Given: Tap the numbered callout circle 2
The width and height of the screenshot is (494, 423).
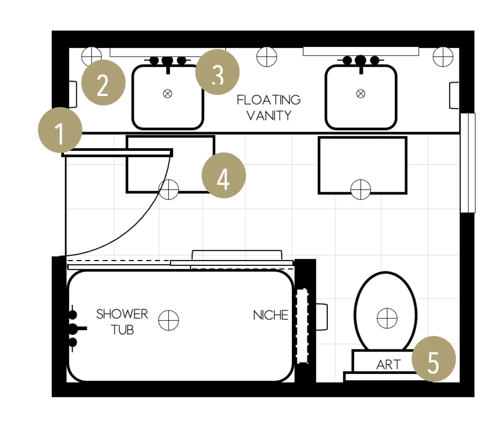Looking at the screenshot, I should click(103, 84).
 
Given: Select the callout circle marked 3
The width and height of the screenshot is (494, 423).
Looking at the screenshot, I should click(217, 72).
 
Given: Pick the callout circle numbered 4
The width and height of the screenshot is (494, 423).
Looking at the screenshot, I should click(223, 176).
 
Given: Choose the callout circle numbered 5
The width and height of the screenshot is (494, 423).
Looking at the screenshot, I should click(434, 360).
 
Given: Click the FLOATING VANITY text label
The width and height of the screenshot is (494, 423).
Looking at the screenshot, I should click(268, 108).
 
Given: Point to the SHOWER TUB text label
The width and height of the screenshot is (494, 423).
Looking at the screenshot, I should click(122, 322).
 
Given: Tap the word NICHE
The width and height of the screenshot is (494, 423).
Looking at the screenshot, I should click(270, 315).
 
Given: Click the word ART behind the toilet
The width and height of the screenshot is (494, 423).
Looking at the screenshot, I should click(388, 365).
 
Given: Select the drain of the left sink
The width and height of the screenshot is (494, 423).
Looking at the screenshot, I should click(168, 94).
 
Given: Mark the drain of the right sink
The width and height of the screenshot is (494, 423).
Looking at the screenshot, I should click(361, 94).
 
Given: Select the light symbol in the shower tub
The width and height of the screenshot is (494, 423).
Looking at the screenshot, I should click(169, 320).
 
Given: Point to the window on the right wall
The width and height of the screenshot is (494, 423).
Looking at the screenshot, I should click(467, 162).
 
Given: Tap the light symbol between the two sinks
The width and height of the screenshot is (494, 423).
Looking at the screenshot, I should click(266, 56).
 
